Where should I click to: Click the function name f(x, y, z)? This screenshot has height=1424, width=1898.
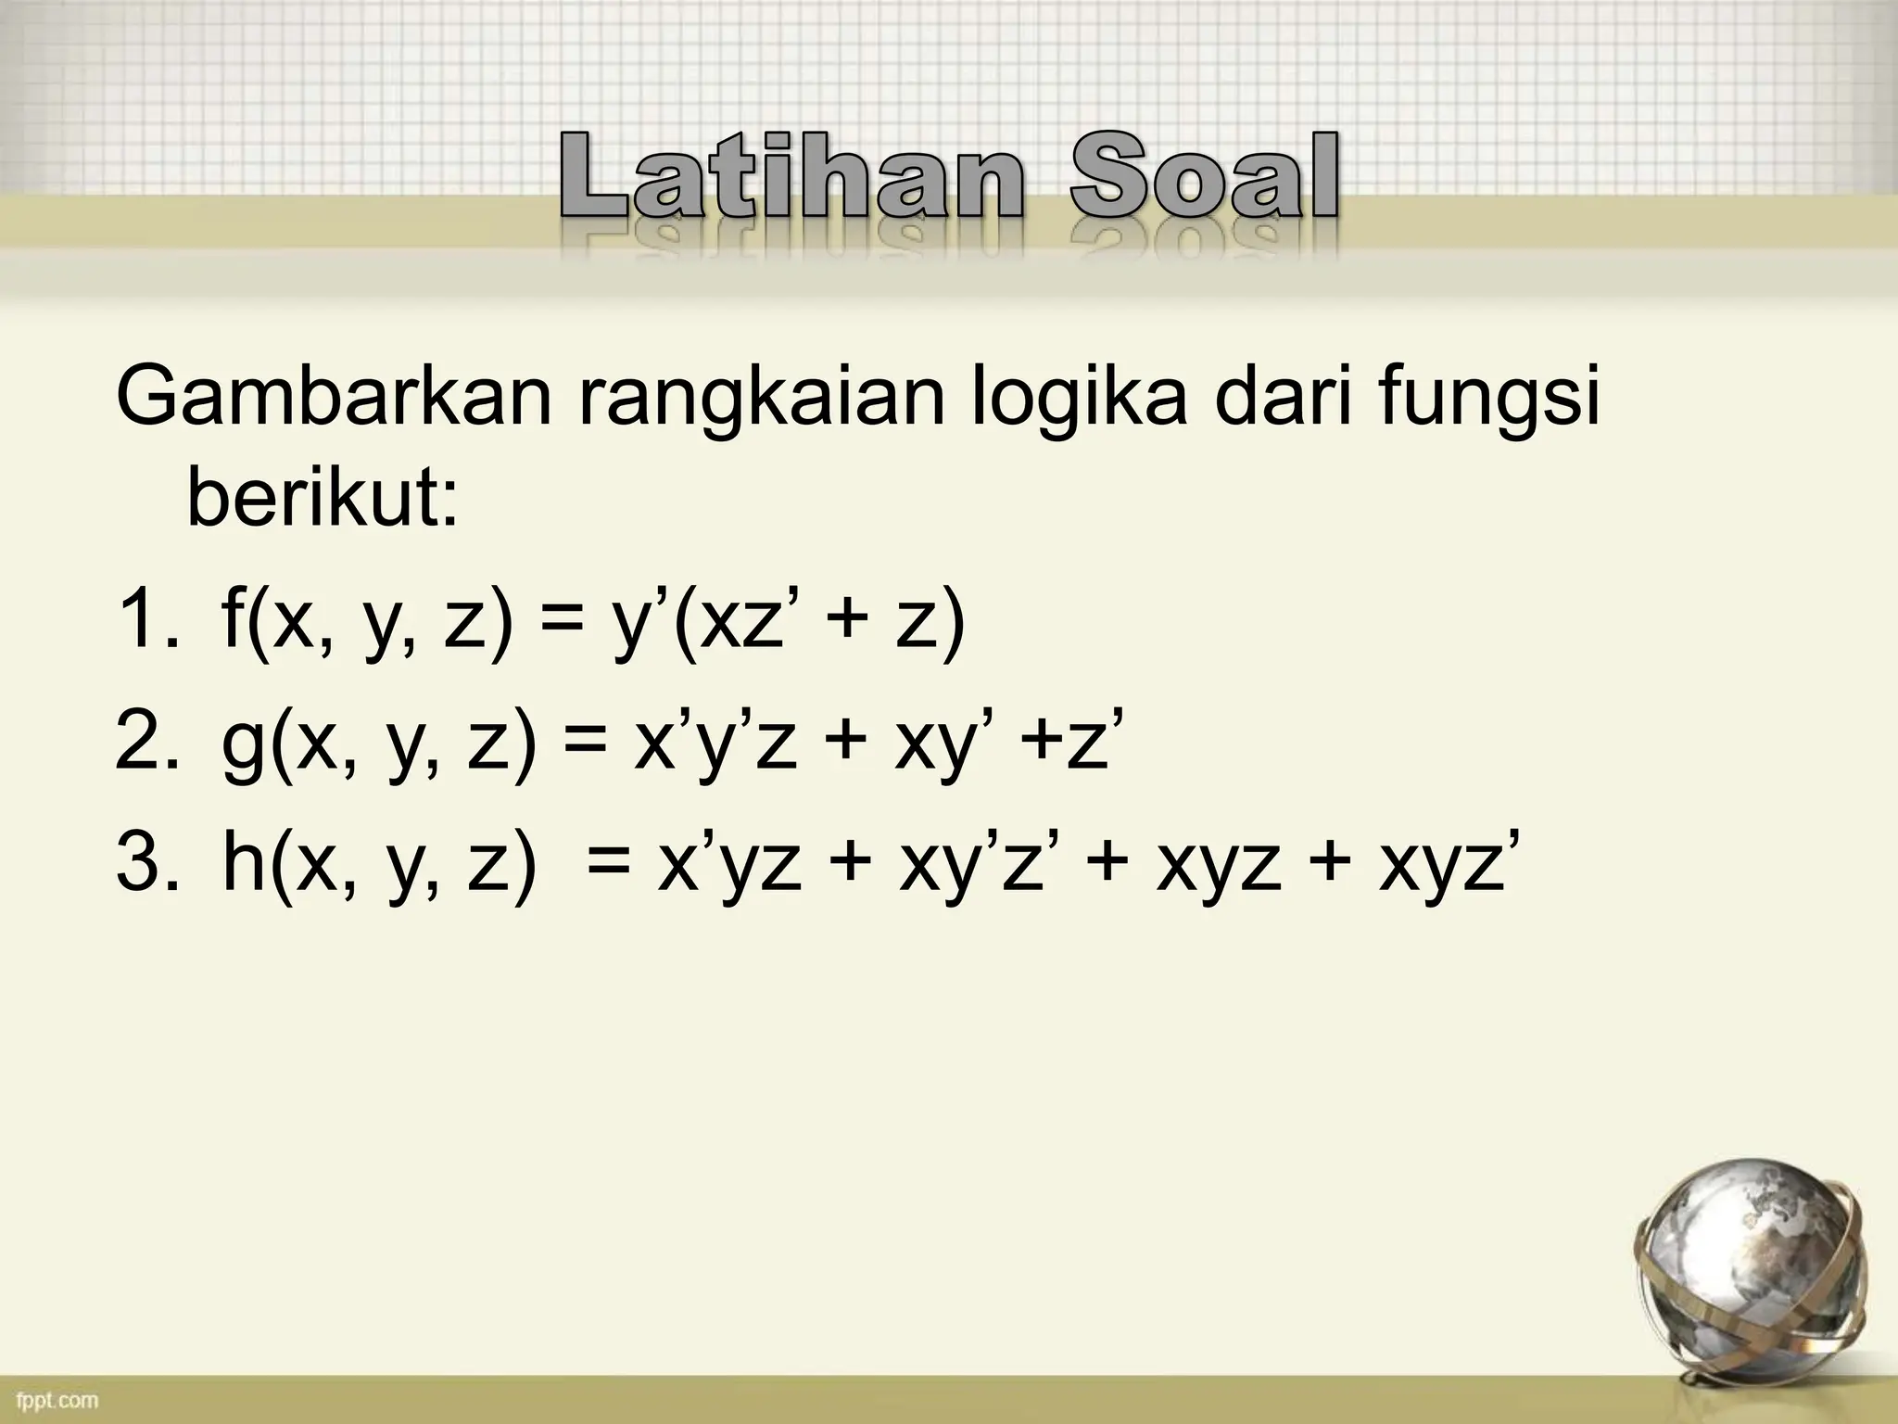pyautogui.click(x=366, y=623)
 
